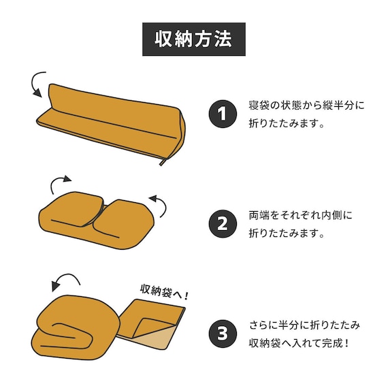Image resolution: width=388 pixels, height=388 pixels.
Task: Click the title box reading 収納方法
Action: click(194, 39)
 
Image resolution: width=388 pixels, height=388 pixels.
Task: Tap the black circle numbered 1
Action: click(223, 114)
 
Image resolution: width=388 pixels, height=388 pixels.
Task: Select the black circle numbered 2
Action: click(223, 224)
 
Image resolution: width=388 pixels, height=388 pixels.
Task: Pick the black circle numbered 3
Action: click(223, 334)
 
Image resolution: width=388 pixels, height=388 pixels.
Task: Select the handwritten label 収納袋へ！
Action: click(164, 292)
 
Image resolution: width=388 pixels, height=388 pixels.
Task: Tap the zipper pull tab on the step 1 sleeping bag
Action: click(163, 162)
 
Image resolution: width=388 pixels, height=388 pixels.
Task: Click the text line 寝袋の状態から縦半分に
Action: click(306, 105)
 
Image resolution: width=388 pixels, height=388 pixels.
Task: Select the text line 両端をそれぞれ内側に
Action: click(300, 215)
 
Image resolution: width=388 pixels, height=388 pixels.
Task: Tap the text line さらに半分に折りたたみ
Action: click(304, 325)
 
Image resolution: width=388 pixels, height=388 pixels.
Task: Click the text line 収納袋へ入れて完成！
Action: click(299, 343)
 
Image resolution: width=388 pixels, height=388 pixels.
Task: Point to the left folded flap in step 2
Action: click(74, 209)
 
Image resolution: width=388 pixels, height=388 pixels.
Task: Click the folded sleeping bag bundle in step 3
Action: click(76, 328)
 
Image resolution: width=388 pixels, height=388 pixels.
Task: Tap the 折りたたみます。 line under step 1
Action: click(287, 123)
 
